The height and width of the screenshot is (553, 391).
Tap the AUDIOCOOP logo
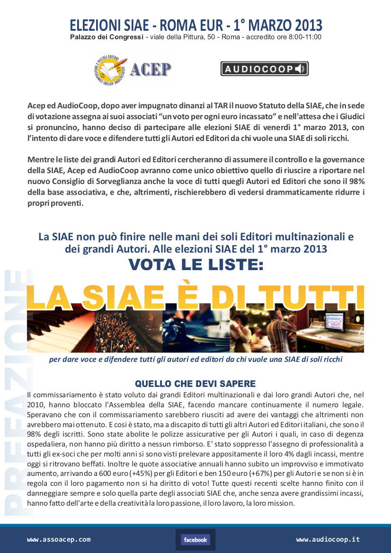point(264,69)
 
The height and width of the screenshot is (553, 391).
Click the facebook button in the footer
point(195,540)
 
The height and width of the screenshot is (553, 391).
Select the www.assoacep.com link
point(59,539)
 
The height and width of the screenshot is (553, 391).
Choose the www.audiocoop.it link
point(328,539)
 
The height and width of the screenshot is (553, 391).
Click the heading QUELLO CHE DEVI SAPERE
point(195,384)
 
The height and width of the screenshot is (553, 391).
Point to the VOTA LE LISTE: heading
point(195,265)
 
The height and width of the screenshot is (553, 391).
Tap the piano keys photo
point(60,331)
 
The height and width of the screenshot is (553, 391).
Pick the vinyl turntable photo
point(195,331)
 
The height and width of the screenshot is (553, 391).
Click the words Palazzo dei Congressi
point(107,37)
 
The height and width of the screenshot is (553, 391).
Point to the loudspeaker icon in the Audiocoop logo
point(300,69)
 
